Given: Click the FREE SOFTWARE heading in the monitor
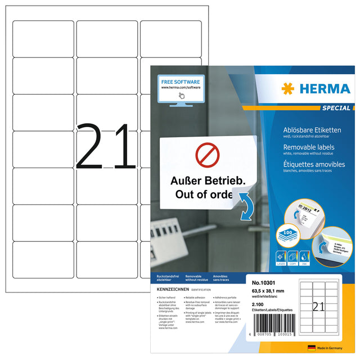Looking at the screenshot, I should point(179,82).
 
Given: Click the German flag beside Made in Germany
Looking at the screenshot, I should point(311,348).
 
